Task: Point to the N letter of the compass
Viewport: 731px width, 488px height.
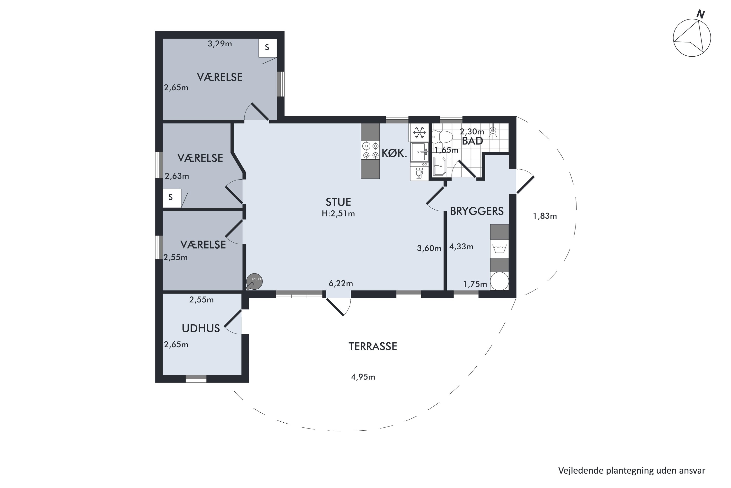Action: coord(700,14)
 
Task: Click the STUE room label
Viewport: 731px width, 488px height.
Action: coord(338,202)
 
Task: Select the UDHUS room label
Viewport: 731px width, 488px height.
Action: coord(201,328)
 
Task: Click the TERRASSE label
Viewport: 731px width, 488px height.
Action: coord(373,346)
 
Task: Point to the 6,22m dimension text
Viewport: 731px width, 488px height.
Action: coord(341,284)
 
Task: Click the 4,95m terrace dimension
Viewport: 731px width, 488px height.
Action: coord(363,377)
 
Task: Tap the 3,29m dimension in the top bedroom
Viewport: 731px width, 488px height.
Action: coord(220,44)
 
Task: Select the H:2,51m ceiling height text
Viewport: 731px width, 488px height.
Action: coord(338,214)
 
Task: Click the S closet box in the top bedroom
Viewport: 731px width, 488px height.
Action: coord(268,48)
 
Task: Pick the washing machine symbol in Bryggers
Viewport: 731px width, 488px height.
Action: coord(499,249)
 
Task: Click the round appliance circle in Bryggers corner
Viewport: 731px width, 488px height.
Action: coord(499,281)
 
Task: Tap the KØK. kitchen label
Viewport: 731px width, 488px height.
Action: coord(394,153)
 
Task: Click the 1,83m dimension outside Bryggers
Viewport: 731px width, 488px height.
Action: coord(545,216)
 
